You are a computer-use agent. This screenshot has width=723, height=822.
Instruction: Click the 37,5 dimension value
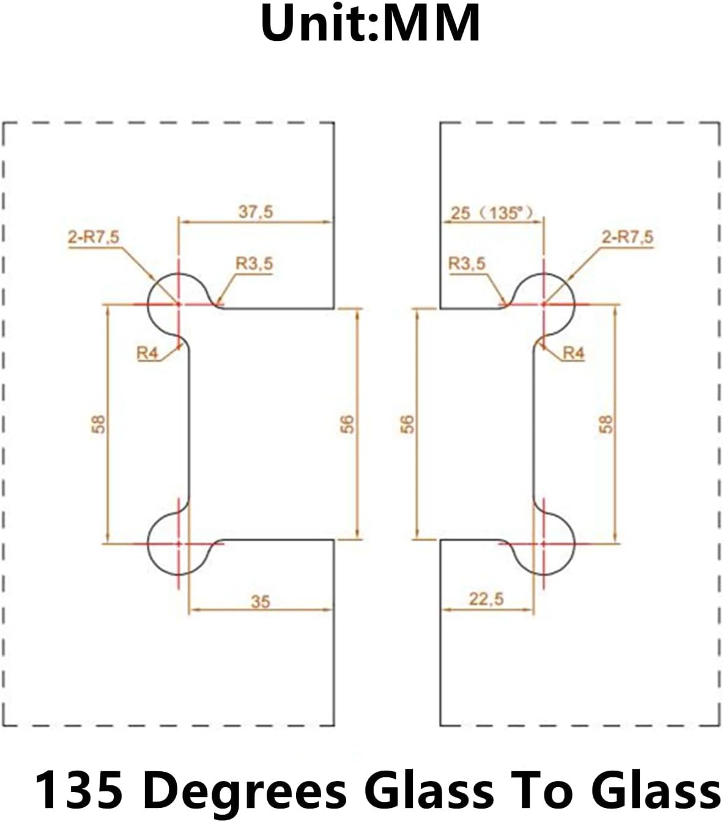[x=256, y=212]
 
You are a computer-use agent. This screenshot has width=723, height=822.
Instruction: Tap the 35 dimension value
[x=260, y=601]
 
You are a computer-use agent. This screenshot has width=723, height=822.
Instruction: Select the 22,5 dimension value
[x=486, y=599]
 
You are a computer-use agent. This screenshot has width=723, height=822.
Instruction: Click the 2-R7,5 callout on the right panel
[x=628, y=236]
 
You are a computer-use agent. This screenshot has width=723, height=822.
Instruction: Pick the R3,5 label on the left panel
[x=254, y=264]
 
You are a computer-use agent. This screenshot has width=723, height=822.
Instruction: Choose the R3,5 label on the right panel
[x=467, y=264]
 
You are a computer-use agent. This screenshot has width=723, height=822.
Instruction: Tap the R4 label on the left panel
[x=147, y=353]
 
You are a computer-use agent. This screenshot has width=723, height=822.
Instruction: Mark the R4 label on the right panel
[x=573, y=353]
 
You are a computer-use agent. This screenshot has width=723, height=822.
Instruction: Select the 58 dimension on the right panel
[x=606, y=424]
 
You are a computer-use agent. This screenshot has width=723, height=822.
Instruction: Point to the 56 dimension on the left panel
[x=346, y=424]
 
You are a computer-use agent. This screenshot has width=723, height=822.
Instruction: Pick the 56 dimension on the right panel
[x=407, y=424]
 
